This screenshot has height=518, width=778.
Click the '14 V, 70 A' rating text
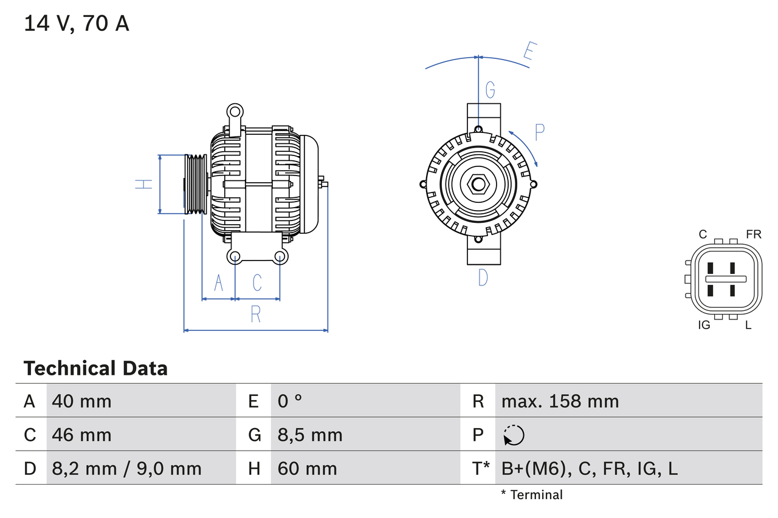(77, 24)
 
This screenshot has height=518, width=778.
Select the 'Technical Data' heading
(95, 368)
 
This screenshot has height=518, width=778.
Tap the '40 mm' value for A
(81, 401)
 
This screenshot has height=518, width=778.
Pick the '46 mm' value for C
(81, 435)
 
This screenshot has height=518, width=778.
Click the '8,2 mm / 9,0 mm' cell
(126, 468)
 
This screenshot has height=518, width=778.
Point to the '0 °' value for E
(290, 401)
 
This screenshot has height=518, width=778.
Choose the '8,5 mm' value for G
(310, 435)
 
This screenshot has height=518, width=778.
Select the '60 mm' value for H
(307, 468)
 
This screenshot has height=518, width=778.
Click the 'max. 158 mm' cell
(560, 401)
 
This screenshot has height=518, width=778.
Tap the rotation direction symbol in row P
(514, 435)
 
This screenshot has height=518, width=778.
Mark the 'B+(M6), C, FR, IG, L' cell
(589, 468)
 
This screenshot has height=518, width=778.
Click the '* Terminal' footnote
(532, 495)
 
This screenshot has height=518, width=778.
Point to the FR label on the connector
(753, 234)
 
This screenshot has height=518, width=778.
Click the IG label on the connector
(704, 325)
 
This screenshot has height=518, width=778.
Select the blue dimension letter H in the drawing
(143, 184)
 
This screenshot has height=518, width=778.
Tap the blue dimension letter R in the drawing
(255, 315)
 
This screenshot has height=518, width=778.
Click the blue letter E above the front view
(529, 54)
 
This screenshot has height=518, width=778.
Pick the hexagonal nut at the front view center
(478, 184)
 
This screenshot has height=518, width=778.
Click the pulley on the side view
(196, 184)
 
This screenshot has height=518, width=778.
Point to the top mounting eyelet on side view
(235, 111)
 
